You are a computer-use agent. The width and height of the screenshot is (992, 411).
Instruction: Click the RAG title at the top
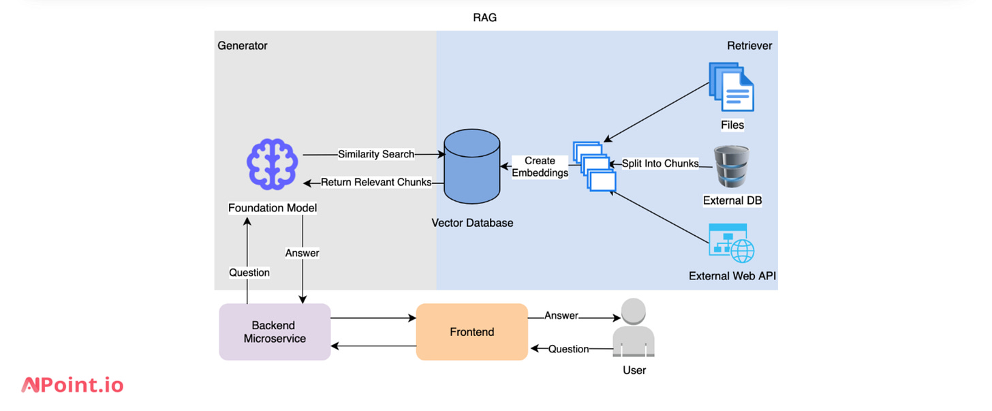484,18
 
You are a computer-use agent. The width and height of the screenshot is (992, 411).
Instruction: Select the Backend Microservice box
275,332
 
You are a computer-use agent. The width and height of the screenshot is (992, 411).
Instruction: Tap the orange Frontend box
471,332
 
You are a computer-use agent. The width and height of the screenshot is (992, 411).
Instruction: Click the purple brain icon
271,164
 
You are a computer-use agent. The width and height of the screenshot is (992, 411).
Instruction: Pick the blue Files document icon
732,87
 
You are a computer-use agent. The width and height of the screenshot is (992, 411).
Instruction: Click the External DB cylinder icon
732,167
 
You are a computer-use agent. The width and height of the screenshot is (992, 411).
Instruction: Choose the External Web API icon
732,243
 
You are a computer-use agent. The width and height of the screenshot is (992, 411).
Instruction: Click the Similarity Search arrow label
376,154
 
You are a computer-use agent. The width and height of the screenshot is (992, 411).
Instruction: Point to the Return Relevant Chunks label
376,182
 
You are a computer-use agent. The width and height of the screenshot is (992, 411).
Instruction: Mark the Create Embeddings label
540,167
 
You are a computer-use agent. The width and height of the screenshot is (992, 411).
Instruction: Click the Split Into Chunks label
660,164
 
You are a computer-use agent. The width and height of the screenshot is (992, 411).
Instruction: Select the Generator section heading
243,46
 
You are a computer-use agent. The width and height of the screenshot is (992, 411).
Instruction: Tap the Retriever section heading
749,46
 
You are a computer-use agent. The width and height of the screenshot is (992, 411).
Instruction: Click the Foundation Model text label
273,207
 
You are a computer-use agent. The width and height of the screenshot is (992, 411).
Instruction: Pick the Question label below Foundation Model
249,273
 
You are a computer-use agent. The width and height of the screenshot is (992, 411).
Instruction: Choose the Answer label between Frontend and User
561,316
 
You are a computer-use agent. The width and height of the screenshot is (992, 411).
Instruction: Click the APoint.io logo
72,385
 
